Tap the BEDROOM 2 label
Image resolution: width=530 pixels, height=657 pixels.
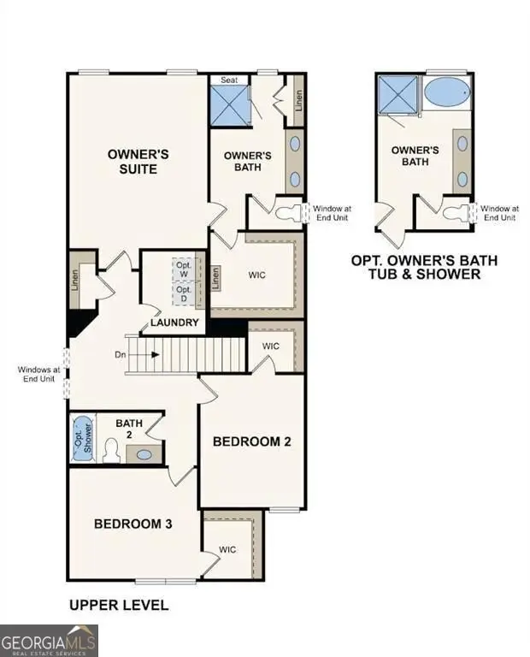(252, 441)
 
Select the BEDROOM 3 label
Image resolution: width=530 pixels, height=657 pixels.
(133, 524)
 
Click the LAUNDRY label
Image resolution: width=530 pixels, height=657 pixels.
(174, 323)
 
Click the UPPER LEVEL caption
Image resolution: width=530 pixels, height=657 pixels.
(118, 606)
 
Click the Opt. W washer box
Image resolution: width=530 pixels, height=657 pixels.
(184, 269)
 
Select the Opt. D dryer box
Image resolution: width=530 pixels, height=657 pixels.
(184, 294)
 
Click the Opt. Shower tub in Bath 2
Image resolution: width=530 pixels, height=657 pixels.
(82, 438)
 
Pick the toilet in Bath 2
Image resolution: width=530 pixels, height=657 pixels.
(110, 450)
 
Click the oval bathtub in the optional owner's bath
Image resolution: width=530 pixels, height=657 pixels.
(446, 92)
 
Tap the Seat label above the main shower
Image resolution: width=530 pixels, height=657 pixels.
(230, 80)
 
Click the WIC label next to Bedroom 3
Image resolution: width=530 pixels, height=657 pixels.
(227, 549)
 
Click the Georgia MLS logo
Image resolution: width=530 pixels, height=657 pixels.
(50, 641)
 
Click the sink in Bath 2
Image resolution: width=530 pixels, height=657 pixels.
(144, 454)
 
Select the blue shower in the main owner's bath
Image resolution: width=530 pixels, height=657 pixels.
(230, 105)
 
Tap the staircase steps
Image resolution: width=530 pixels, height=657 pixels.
(185, 353)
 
